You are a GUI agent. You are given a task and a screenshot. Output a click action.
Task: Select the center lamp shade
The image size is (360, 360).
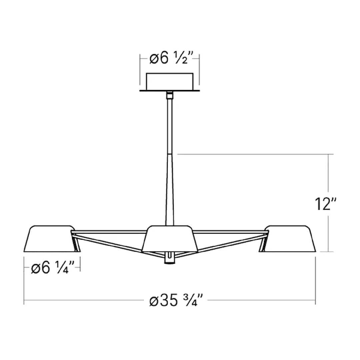click(x=170, y=239)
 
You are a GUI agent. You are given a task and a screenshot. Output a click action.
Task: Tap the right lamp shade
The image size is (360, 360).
click(x=289, y=239)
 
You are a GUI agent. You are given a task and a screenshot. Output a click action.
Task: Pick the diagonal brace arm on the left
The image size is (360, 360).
click(x=110, y=243)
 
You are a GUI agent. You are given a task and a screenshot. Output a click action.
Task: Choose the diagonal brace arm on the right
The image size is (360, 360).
click(x=230, y=243)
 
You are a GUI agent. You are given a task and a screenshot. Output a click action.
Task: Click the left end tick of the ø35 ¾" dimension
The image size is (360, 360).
click(x=24, y=300)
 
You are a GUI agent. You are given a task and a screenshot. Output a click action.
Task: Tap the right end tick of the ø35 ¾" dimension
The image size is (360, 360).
click(x=315, y=300)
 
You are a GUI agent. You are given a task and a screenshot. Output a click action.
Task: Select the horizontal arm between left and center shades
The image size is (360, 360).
click(x=110, y=231)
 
